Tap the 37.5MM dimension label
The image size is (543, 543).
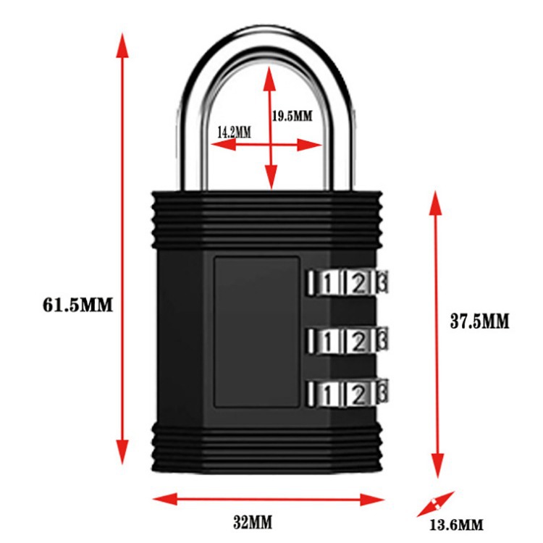click(480, 321)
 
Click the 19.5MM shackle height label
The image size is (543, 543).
click(292, 115)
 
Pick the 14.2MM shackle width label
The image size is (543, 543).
click(234, 132)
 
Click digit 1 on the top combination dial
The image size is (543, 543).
click(328, 282)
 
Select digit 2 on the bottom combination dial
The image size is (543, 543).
click(357, 394)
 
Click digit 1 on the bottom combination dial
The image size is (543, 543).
click(328, 394)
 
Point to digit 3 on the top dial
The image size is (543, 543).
click(382, 282)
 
